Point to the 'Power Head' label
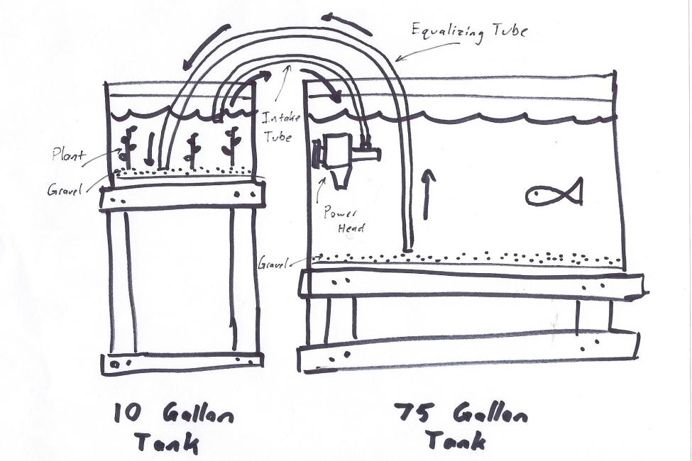tap(344, 221)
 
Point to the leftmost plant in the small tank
tap(128, 145)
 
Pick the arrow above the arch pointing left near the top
tap(348, 24)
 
